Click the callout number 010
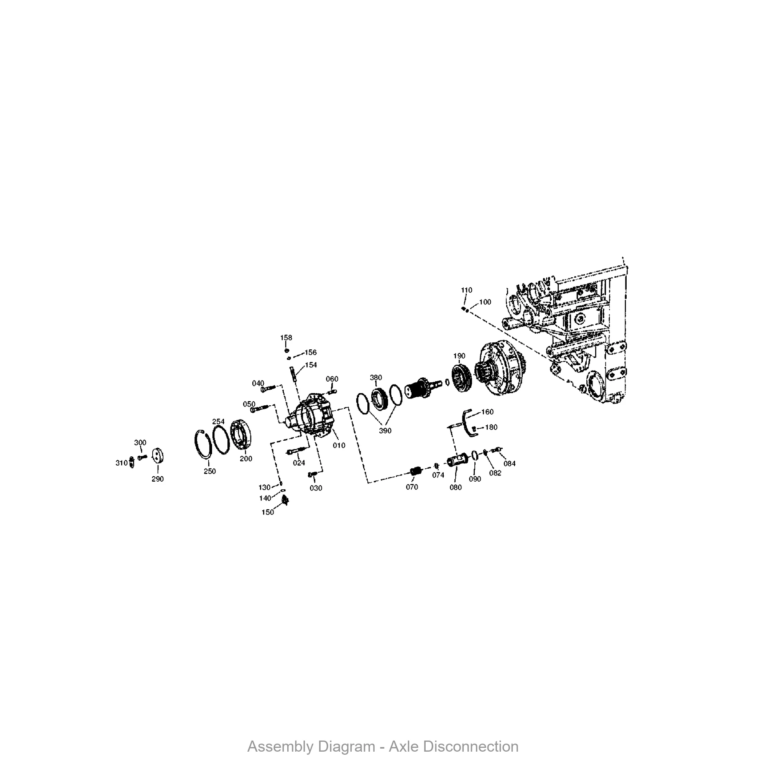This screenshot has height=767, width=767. coord(339,445)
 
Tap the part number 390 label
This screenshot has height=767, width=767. coord(385,431)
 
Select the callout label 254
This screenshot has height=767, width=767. coord(218,421)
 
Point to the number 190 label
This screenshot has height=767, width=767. coord(459,356)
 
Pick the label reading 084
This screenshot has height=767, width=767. coord(509,463)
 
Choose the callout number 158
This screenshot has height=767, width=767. coord(286,337)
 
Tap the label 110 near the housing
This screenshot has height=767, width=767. coord(466,290)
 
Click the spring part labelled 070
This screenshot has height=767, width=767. coord(415,472)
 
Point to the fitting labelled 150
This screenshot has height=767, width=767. coord(285,501)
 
